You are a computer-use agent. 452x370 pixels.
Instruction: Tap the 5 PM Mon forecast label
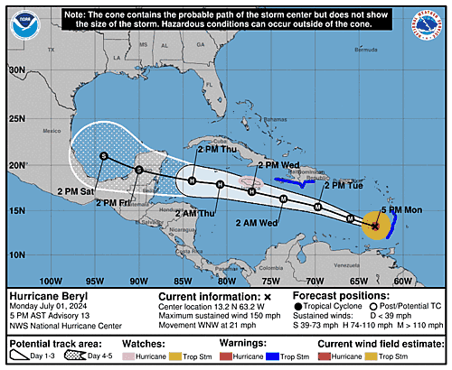tap(400, 210)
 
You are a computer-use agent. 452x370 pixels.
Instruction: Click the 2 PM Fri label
tap(116, 204)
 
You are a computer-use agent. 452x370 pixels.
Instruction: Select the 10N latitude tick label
tap(16, 254)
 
